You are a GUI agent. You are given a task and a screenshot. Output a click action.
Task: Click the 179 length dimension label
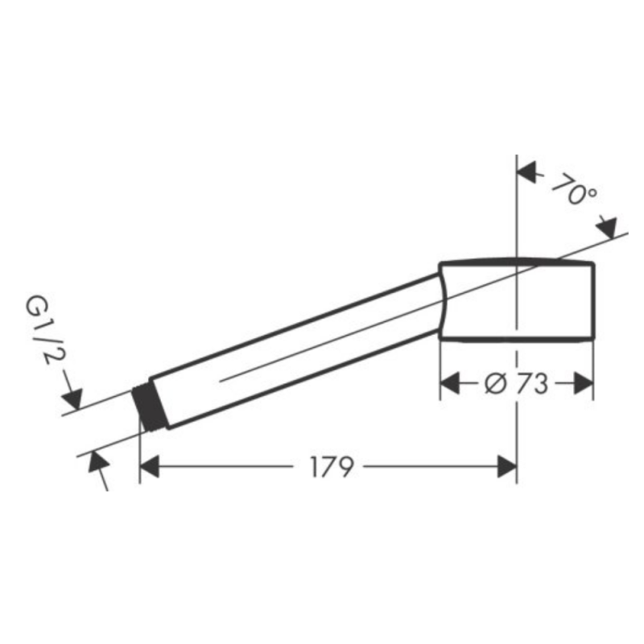click(331, 466)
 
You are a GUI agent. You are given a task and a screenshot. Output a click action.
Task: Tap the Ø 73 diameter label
click(516, 384)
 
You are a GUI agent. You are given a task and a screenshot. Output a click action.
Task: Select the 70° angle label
click(574, 188)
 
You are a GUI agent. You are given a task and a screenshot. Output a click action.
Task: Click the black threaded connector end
click(150, 408)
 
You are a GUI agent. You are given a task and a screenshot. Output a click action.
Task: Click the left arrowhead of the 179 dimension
click(150, 466)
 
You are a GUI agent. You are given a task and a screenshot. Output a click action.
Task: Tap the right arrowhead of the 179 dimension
click(507, 466)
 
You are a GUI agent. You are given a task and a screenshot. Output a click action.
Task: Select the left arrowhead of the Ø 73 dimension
click(450, 383)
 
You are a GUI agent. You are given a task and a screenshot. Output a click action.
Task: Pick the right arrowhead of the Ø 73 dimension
click(583, 383)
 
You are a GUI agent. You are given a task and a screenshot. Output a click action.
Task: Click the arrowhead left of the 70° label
click(526, 171)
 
